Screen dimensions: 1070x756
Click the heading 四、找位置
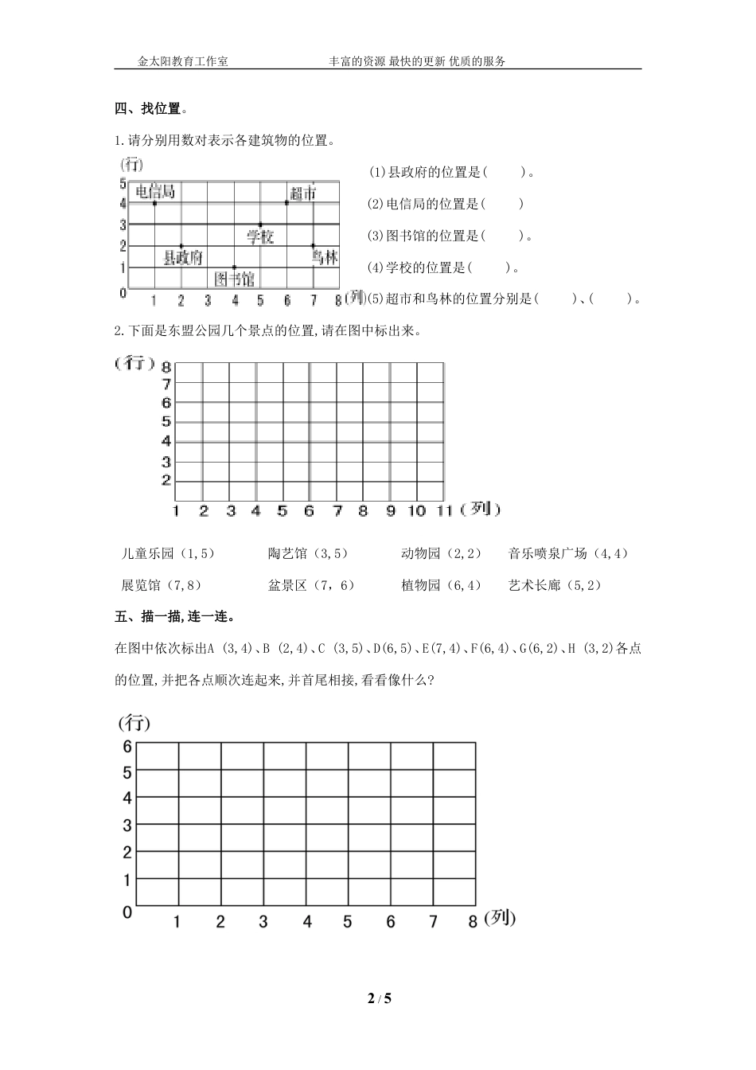[151, 108]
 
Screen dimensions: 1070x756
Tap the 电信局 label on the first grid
[154, 191]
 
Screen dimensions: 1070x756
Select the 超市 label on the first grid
[302, 193]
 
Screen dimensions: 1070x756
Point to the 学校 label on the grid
[259, 236]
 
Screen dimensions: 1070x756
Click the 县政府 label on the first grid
[182, 257]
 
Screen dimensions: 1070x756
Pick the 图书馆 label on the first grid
[235, 278]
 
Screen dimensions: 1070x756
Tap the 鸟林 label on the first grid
[325, 257]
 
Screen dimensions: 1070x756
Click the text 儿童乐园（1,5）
[168, 553]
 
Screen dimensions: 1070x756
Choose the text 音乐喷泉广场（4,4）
[568, 553]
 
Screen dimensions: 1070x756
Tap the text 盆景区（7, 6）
[311, 585]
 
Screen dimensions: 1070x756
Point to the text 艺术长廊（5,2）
[555, 585]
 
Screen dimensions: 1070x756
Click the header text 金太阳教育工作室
[183, 61]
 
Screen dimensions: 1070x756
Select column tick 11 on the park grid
[444, 511]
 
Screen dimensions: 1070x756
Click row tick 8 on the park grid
[166, 367]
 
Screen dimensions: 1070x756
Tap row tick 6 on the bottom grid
[127, 746]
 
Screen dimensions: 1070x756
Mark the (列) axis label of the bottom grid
[500, 918]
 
